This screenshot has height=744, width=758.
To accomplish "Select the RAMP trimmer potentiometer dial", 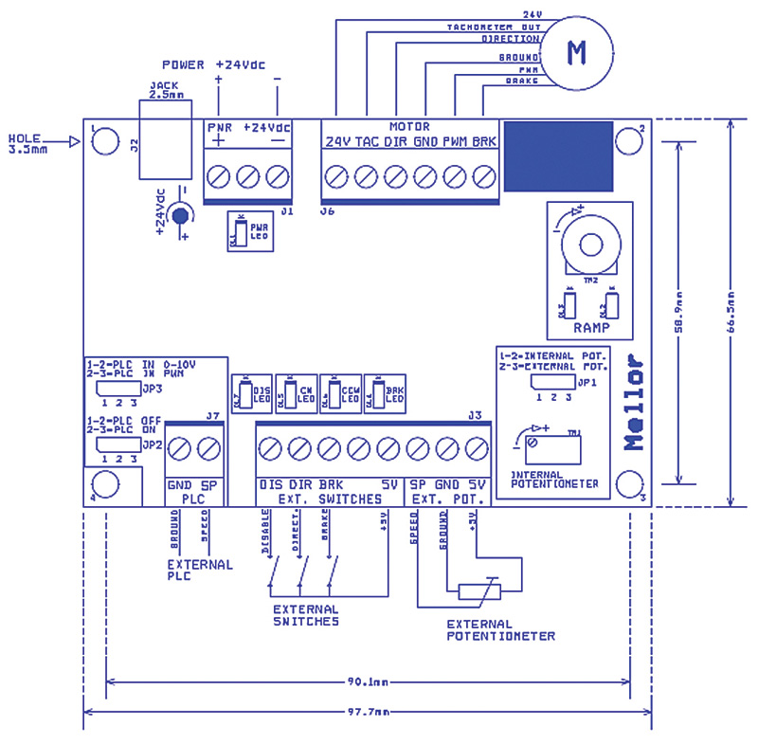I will [583, 242].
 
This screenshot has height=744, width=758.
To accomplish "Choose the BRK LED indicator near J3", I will [389, 394].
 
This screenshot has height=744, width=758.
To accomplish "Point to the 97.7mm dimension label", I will [367, 712].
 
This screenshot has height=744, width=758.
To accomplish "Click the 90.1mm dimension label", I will [367, 680].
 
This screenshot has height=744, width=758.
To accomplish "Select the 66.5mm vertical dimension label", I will [731, 313].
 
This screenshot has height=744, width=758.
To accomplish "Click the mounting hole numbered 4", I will [106, 484].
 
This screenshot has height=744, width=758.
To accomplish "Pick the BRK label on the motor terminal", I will [484, 142].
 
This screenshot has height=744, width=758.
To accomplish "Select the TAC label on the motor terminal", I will [367, 142].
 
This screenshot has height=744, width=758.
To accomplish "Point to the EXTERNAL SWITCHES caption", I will [305, 615].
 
